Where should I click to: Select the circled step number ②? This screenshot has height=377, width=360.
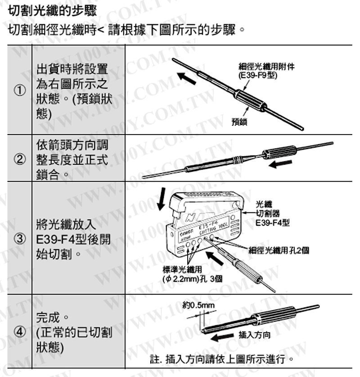click(x=19, y=160)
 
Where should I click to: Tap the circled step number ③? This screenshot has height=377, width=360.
click(x=19, y=238)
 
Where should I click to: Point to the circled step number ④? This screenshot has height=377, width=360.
click(x=19, y=333)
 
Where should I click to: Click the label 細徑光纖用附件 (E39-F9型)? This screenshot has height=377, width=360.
click(x=260, y=70)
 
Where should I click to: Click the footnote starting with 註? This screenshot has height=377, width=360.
click(x=223, y=360)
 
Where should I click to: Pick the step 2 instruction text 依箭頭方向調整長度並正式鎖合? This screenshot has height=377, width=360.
click(x=72, y=160)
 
